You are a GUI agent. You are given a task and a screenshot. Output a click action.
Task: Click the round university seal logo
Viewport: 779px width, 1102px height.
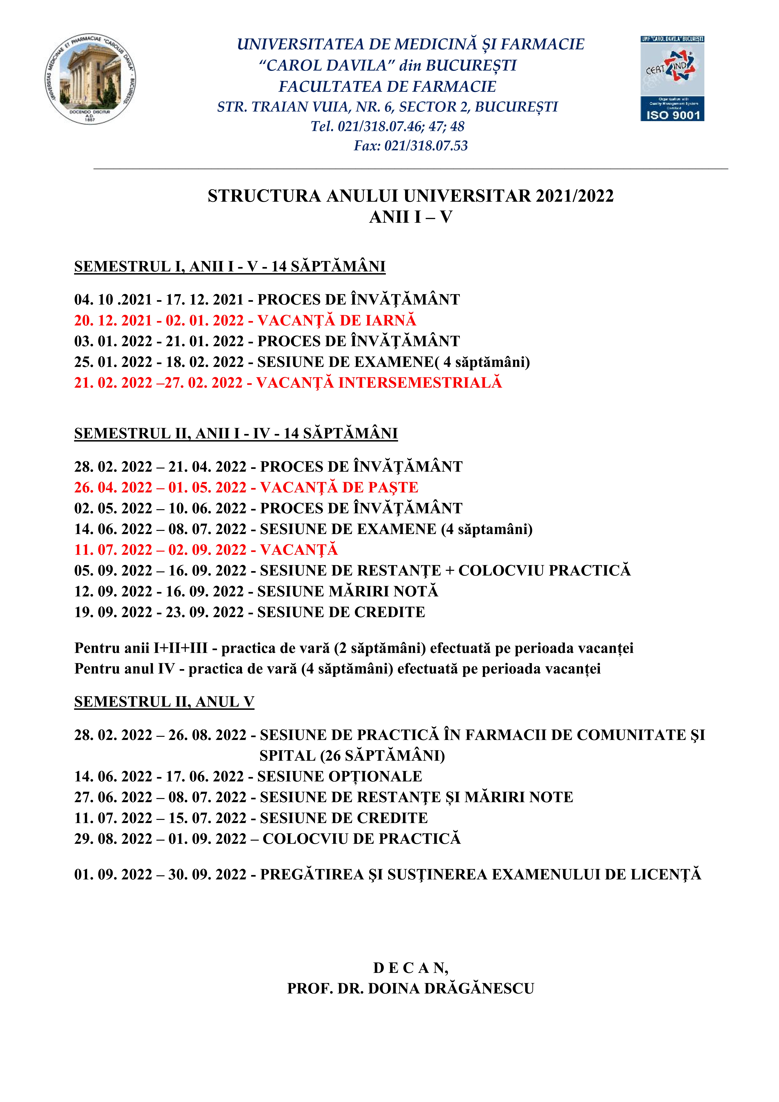[91, 79]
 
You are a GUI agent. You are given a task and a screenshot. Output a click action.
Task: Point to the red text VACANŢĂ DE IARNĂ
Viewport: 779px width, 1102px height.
[337, 320]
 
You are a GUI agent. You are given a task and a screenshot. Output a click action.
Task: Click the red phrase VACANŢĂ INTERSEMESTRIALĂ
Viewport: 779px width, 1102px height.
[379, 382]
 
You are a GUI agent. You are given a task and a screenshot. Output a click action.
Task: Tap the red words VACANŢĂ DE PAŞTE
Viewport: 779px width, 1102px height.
[339, 487]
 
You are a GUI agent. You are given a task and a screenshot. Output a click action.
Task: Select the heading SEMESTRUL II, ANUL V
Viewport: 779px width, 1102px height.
[164, 702]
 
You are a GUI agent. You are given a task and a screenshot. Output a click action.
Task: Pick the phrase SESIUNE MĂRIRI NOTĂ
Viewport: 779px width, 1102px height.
[348, 591]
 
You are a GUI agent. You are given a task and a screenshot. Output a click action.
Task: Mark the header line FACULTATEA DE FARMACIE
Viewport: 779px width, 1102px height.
[387, 86]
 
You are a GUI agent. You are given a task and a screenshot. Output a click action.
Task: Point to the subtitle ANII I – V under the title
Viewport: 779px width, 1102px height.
[410, 217]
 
